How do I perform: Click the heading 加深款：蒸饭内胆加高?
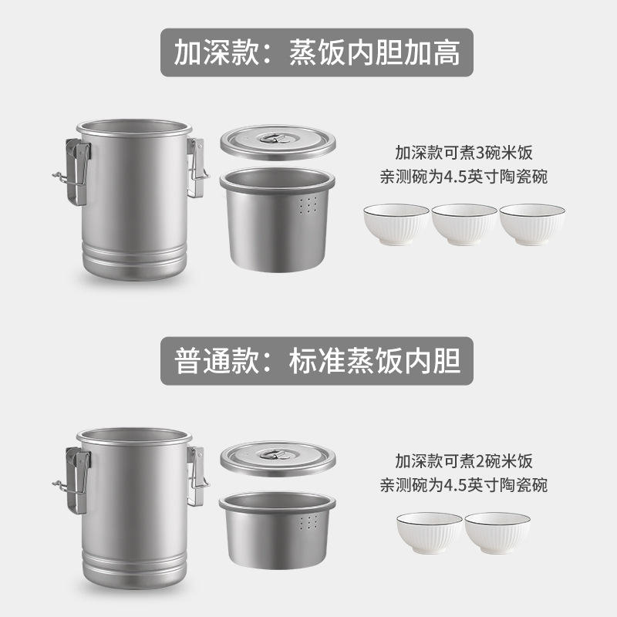tap(317, 52)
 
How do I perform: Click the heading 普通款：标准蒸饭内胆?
tap(317, 361)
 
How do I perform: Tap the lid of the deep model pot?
tap(278, 143)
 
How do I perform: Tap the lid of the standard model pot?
tap(278, 459)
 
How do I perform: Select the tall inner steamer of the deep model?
tap(278, 220)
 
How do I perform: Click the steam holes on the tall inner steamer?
tap(308, 205)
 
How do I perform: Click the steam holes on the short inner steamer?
tap(308, 522)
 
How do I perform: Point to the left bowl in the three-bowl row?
tap(396, 224)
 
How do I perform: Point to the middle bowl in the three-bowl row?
tap(464, 224)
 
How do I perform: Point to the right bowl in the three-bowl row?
tap(532, 224)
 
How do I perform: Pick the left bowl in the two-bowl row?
tap(430, 533)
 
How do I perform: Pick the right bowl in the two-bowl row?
tap(497, 533)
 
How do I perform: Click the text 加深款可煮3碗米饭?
tap(464, 153)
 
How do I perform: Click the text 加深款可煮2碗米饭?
tap(464, 461)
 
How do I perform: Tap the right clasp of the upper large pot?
tap(197, 167)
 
